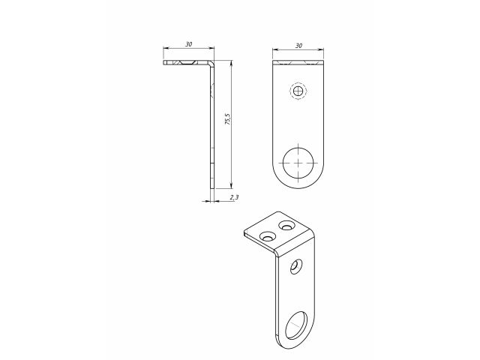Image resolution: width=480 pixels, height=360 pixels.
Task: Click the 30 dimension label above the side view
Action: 188,44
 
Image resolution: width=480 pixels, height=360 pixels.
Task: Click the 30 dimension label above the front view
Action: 298,46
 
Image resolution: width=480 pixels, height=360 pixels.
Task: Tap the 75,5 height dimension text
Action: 227,119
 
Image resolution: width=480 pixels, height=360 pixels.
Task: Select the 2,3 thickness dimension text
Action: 234,197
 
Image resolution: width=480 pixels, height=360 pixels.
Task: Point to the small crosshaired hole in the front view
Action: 298,91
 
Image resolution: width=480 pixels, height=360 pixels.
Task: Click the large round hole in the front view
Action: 298,163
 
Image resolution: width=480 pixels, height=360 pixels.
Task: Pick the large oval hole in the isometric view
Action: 296,325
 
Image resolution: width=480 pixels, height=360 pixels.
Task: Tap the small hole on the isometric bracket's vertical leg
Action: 296,267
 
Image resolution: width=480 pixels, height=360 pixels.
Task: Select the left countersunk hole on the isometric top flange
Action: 268,236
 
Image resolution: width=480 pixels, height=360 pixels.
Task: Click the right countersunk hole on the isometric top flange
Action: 286,226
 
